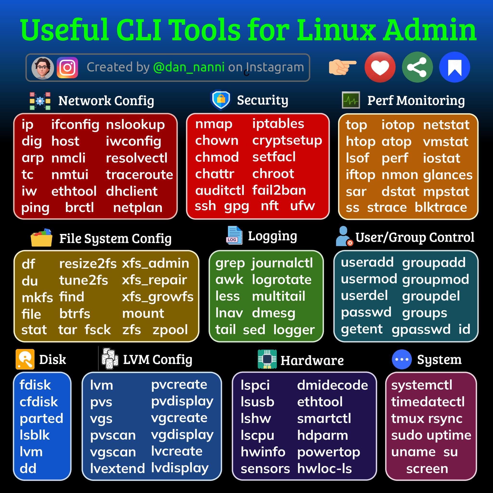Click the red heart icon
tap(380, 67)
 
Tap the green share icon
tap(417, 67)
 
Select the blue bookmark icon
tap(454, 67)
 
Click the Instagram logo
tap(67, 67)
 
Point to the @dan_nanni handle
tap(189, 67)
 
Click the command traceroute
tap(139, 175)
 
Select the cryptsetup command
tap(287, 141)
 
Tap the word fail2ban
tap(279, 190)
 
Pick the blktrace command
tap(441, 207)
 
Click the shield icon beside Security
tap(221, 100)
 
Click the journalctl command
tap(282, 263)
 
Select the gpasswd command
tap(421, 330)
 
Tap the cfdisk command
tap(39, 402)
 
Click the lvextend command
tap(117, 468)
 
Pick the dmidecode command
tap(332, 385)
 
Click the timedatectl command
tap(428, 402)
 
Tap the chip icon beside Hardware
tap(267, 359)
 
